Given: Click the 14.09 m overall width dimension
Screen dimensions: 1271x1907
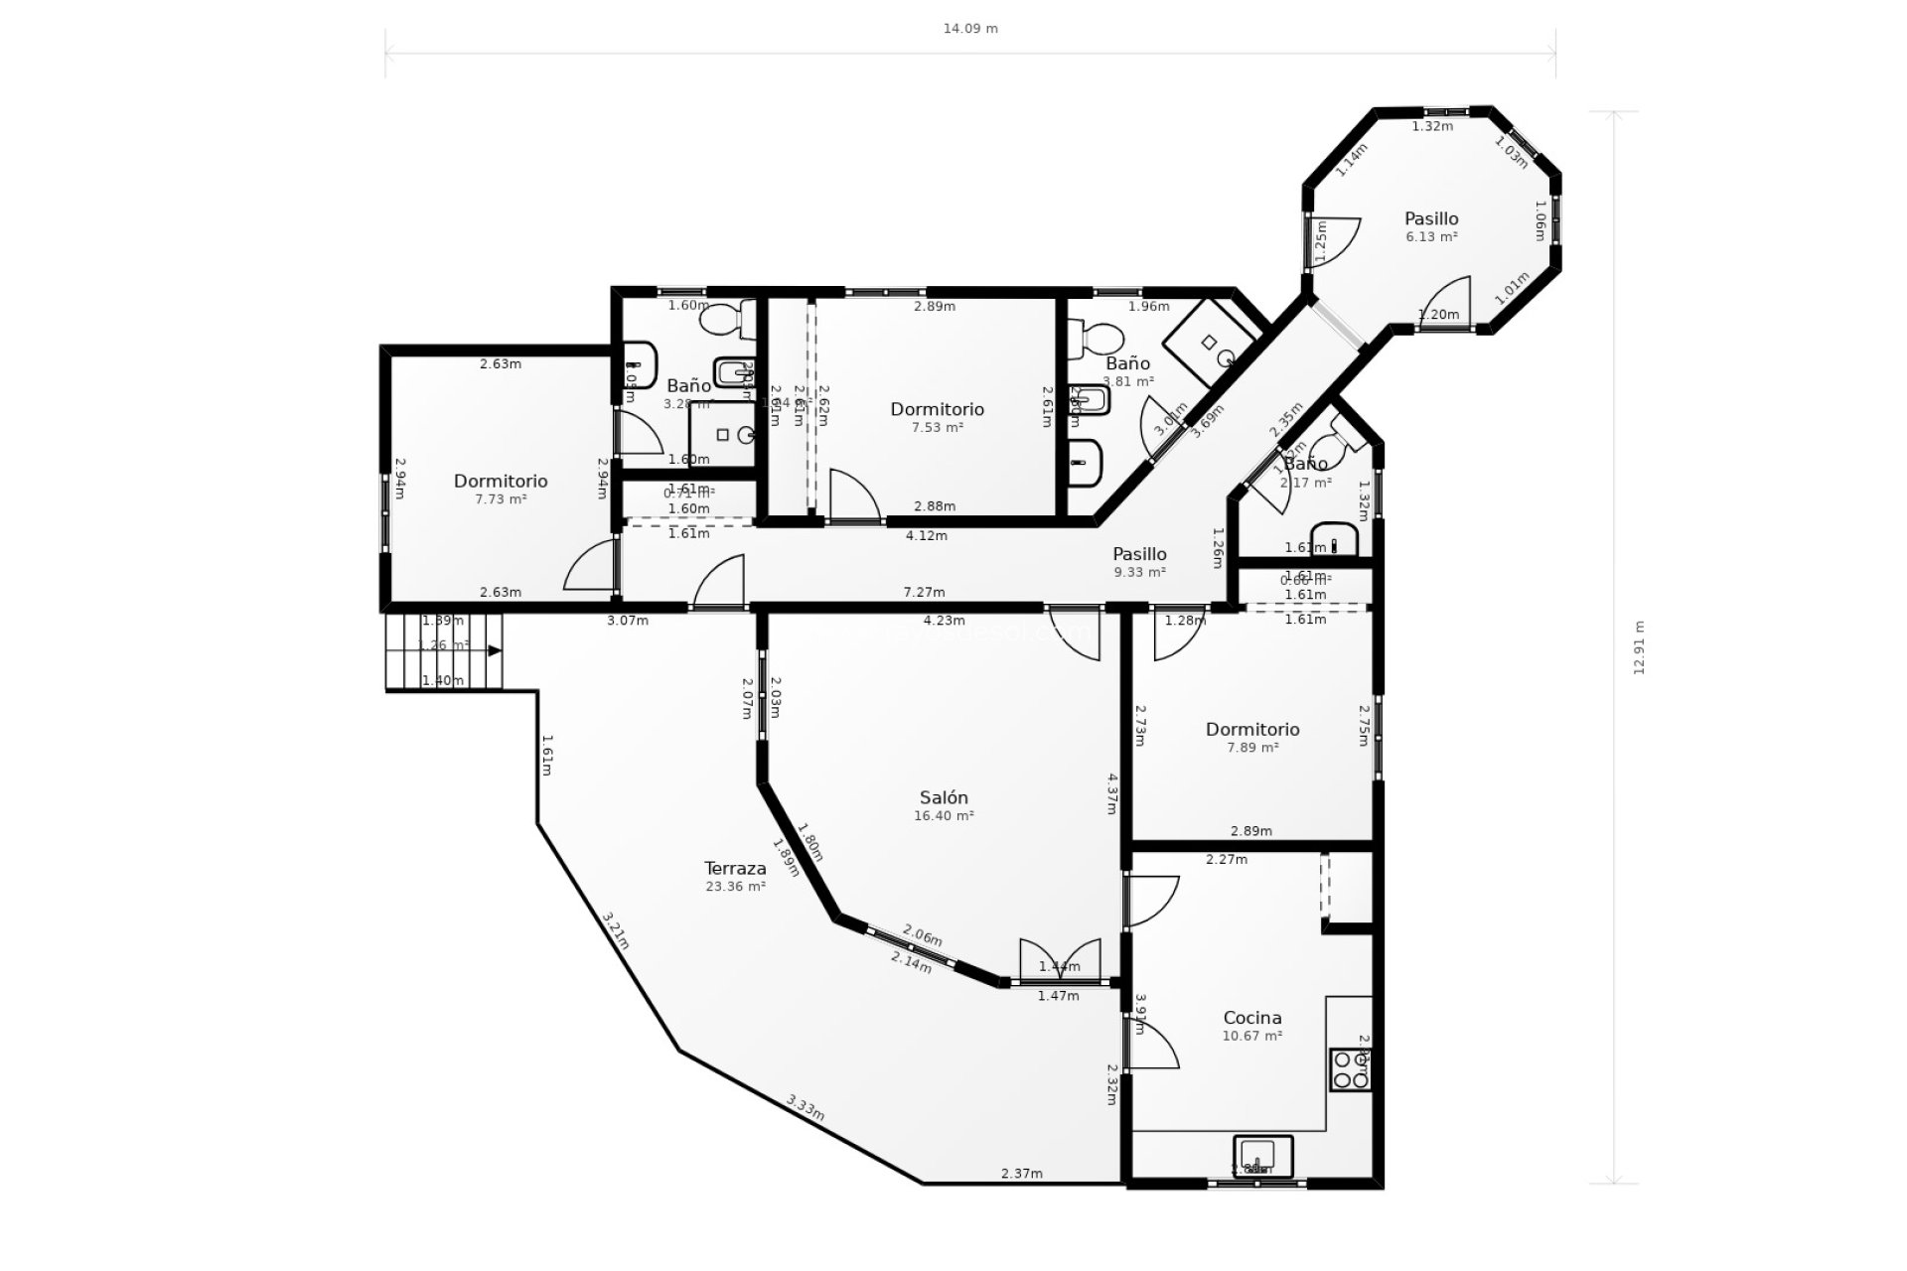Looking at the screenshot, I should click(970, 29).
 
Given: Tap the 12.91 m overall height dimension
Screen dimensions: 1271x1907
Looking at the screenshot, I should click(1639, 647).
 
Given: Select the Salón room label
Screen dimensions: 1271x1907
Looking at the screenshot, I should click(943, 797).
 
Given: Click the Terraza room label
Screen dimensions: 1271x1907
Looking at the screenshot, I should click(735, 868).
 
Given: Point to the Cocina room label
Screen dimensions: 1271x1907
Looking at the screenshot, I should click(1251, 1017).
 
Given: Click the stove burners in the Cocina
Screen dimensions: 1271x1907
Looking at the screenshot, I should click(1351, 1070).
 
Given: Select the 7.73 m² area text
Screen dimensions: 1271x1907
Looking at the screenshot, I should click(501, 499).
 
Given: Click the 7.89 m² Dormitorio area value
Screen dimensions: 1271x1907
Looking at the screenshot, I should click(1252, 748).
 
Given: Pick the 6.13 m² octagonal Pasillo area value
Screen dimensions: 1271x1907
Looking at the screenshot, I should click(1431, 237).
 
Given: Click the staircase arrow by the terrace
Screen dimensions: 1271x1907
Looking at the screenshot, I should click(494, 650).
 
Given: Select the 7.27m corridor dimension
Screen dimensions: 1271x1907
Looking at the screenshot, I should click(924, 592).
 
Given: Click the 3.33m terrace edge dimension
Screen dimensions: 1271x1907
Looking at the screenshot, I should click(806, 1107).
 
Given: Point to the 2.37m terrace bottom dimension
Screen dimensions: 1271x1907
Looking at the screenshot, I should click(1021, 1174).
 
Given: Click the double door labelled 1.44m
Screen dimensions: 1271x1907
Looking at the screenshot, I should click(1060, 961).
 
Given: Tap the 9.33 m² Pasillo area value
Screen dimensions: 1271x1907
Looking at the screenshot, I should click(1139, 573).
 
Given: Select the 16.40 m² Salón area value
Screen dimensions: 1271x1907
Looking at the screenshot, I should click(943, 816).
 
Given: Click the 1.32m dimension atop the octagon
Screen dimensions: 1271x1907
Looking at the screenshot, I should click(1432, 126).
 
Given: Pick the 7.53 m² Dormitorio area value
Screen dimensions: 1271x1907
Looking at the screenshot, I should click(937, 428).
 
